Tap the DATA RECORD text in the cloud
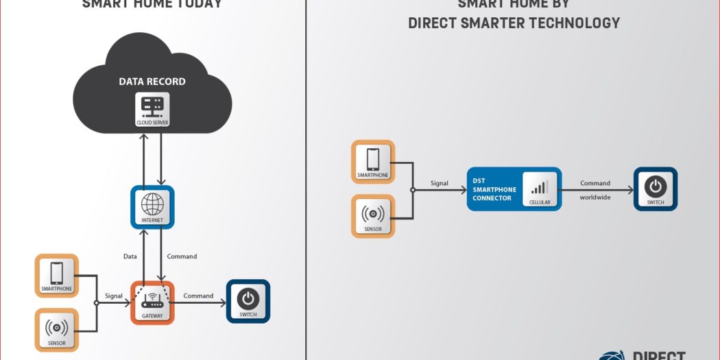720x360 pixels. click(x=152, y=82)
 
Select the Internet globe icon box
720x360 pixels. click(x=152, y=207)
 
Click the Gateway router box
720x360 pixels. click(x=152, y=302)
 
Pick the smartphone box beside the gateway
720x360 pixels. click(x=57, y=276)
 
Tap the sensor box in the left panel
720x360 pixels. click(x=57, y=329)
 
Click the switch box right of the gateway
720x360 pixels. click(x=248, y=301)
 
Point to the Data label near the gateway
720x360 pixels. click(x=130, y=256)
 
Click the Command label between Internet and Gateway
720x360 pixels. click(x=182, y=256)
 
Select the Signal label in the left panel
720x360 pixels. click(x=114, y=296)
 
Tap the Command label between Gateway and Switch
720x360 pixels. click(x=198, y=296)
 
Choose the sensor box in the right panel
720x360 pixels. click(x=373, y=216)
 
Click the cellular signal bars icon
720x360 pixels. click(x=540, y=187)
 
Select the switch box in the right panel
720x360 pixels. click(x=655, y=189)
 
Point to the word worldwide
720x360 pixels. click(x=595, y=197)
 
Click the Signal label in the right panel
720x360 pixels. click(x=440, y=183)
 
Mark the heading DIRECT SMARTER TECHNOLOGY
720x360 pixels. click(x=514, y=23)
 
